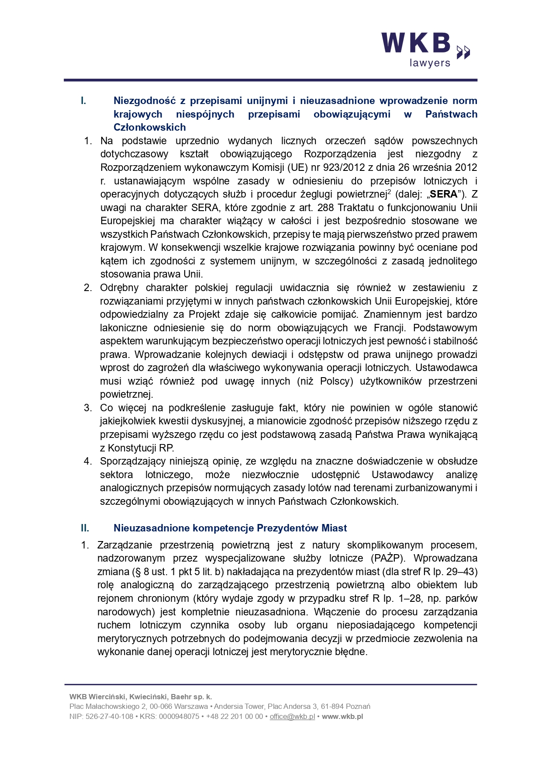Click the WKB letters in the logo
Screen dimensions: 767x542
click(416, 43)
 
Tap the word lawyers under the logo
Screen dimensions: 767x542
click(430, 63)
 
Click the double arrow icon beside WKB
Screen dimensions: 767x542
click(463, 52)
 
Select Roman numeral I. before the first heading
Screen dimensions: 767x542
click(83, 101)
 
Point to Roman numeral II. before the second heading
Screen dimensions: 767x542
click(85, 528)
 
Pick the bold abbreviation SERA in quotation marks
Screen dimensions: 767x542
click(443, 194)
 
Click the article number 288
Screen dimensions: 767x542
click(326, 208)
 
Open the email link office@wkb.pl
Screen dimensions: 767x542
click(292, 716)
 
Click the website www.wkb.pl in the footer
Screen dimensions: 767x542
click(342, 716)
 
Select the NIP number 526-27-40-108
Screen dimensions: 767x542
click(109, 716)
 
